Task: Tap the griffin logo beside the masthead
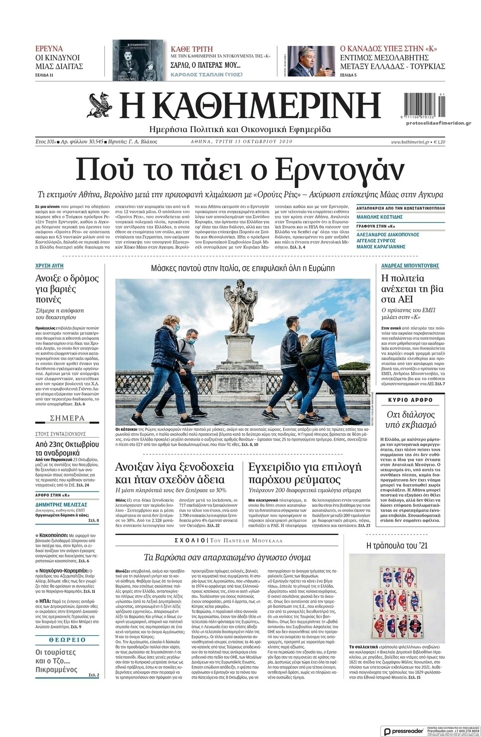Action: [x=101, y=107]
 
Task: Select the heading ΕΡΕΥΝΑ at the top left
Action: [x=49, y=48]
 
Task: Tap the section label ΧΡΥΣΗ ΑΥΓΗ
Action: [x=49, y=266]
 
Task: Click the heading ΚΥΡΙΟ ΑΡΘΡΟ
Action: [x=411, y=400]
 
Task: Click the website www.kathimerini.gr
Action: [x=410, y=142]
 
